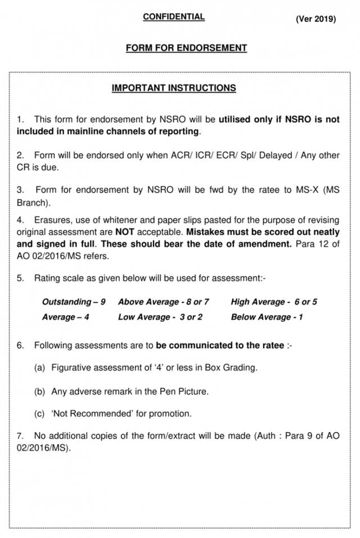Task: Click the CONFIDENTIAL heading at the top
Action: [174, 17]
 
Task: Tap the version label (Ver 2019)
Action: [316, 19]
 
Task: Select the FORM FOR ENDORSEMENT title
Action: [186, 48]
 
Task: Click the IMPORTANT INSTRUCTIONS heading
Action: [174, 88]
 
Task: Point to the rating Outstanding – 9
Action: [74, 302]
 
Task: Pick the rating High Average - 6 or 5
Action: [274, 302]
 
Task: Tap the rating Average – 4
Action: [65, 317]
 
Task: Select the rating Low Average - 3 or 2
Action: [160, 317]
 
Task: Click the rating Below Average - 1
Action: [267, 317]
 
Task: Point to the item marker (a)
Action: [39, 367]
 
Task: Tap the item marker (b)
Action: [39, 391]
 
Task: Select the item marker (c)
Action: [39, 413]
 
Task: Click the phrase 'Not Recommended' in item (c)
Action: [92, 413]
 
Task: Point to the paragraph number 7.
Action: [20, 436]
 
